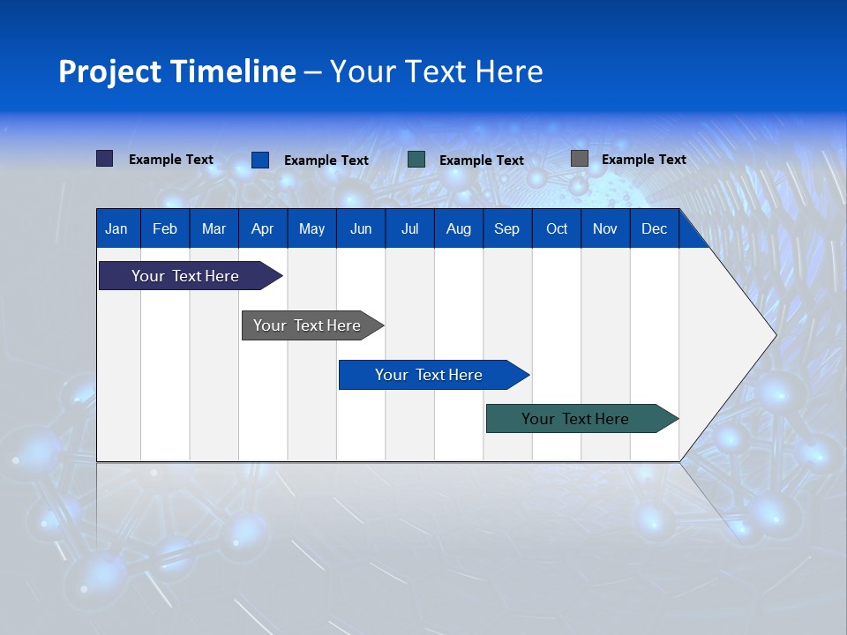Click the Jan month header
coord(116,228)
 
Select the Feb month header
coord(165,228)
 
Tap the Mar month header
coord(214,228)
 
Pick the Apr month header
coord(262,228)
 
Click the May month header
coord(311,228)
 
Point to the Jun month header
coord(361,228)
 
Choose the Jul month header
coord(409,228)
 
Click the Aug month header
coord(459,228)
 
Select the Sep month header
coord(506,228)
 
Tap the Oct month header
coord(557,228)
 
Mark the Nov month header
coord(605,228)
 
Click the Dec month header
coord(654,228)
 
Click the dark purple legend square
coord(105,159)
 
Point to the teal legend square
coord(416,160)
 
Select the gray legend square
coord(580,159)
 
